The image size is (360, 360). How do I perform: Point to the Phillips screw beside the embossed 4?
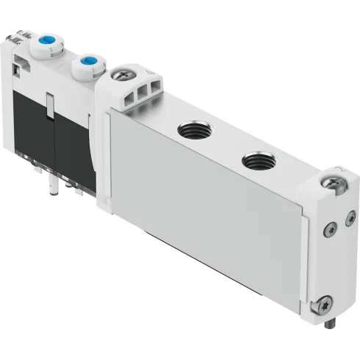tap(120, 75)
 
